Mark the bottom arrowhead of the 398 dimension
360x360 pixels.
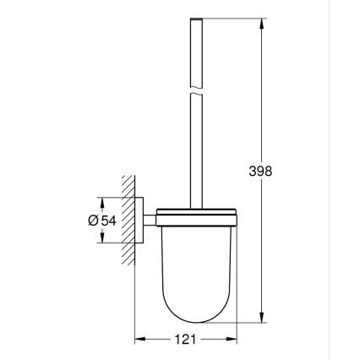coord(260,319)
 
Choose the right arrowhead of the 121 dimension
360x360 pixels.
coord(231,340)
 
